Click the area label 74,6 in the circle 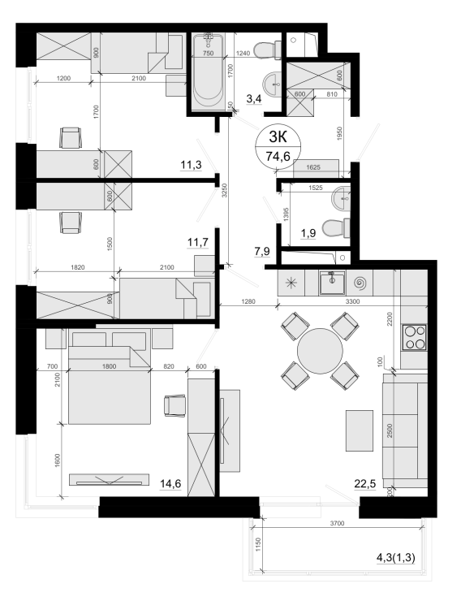tap(278, 157)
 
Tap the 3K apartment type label tap(278, 136)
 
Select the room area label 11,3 tap(191, 165)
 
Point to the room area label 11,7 tap(197, 242)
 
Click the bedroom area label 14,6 tap(170, 484)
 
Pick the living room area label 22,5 tap(365, 484)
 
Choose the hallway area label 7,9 tap(262, 252)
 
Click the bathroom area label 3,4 tap(253, 99)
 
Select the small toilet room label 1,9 tap(308, 233)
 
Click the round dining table tap(320, 351)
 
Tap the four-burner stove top tap(414, 337)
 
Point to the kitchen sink tap(332, 283)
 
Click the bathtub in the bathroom tap(208, 72)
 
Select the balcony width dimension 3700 tap(337, 523)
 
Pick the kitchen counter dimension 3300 tap(352, 301)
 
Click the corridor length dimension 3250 tap(225, 190)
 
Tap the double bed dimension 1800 tap(109, 366)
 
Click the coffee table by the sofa tap(360, 430)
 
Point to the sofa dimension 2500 tap(390, 430)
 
